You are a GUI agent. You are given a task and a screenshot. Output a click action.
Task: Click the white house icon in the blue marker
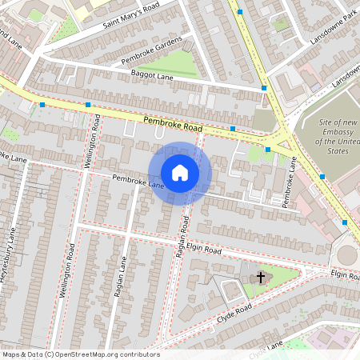point(180,173)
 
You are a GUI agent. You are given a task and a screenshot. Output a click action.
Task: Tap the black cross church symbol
point(260,278)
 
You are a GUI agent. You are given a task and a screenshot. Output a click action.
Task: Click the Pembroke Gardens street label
point(152,50)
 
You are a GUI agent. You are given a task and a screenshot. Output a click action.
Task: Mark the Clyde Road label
point(234,313)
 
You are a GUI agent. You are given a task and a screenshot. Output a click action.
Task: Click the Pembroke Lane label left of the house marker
point(138,182)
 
